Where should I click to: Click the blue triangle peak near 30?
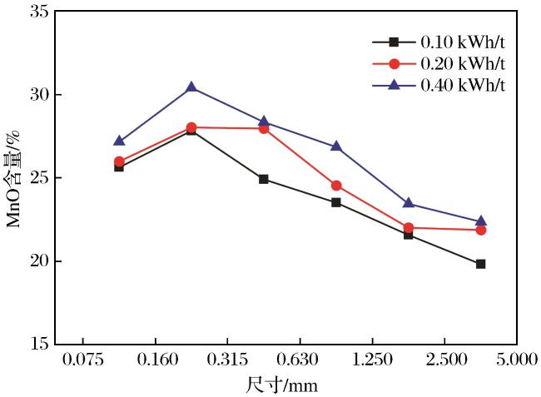click(191, 87)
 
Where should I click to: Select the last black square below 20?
click(480, 264)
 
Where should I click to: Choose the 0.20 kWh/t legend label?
click(463, 63)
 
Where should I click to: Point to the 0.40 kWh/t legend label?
click(463, 85)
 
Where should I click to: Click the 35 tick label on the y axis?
click(39, 12)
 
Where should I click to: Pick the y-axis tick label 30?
click(39, 95)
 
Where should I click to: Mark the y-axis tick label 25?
click(39, 178)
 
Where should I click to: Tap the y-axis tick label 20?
click(39, 261)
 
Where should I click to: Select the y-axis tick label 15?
click(39, 344)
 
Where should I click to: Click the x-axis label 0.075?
click(82, 360)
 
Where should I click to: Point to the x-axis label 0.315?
click(227, 360)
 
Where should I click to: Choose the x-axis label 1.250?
click(372, 360)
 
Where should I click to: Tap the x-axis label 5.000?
click(517, 360)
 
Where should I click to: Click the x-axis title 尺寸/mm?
click(282, 385)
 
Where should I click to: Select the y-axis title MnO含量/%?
click(14, 179)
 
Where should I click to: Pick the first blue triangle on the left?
click(119, 141)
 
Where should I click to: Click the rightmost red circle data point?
click(480, 230)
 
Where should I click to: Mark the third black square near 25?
click(264, 179)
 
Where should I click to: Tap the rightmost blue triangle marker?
click(480, 221)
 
